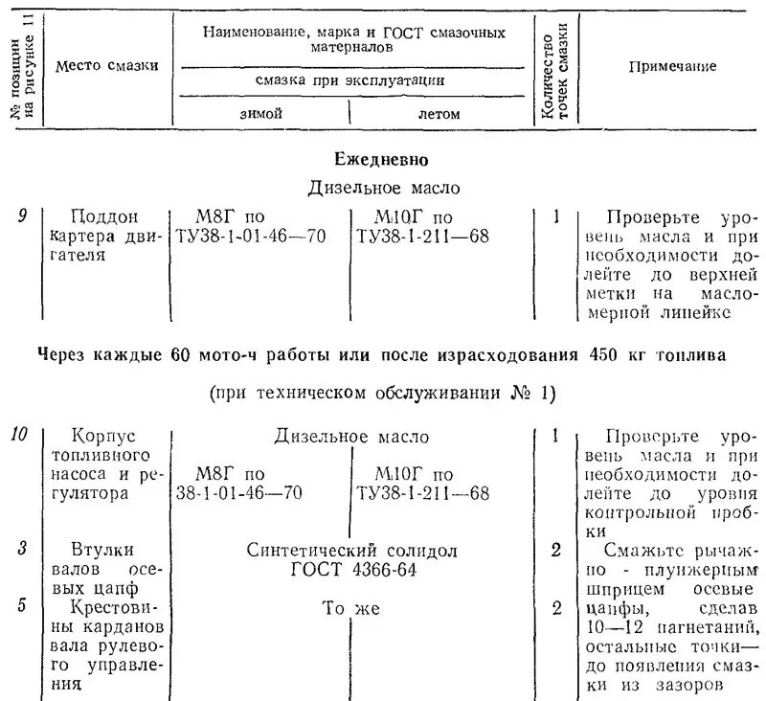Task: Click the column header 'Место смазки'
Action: click(x=106, y=65)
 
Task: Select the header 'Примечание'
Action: click(x=672, y=65)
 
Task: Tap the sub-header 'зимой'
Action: click(x=260, y=113)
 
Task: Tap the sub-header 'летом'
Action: click(x=439, y=113)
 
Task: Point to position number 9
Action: click(x=22, y=215)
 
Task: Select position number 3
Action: click(x=22, y=550)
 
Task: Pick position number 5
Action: click(x=22, y=607)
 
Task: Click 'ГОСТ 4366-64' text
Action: click(x=351, y=570)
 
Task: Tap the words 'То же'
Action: click(x=351, y=607)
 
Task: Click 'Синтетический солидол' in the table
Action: click(x=351, y=551)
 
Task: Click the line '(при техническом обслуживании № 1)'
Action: click(x=380, y=394)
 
